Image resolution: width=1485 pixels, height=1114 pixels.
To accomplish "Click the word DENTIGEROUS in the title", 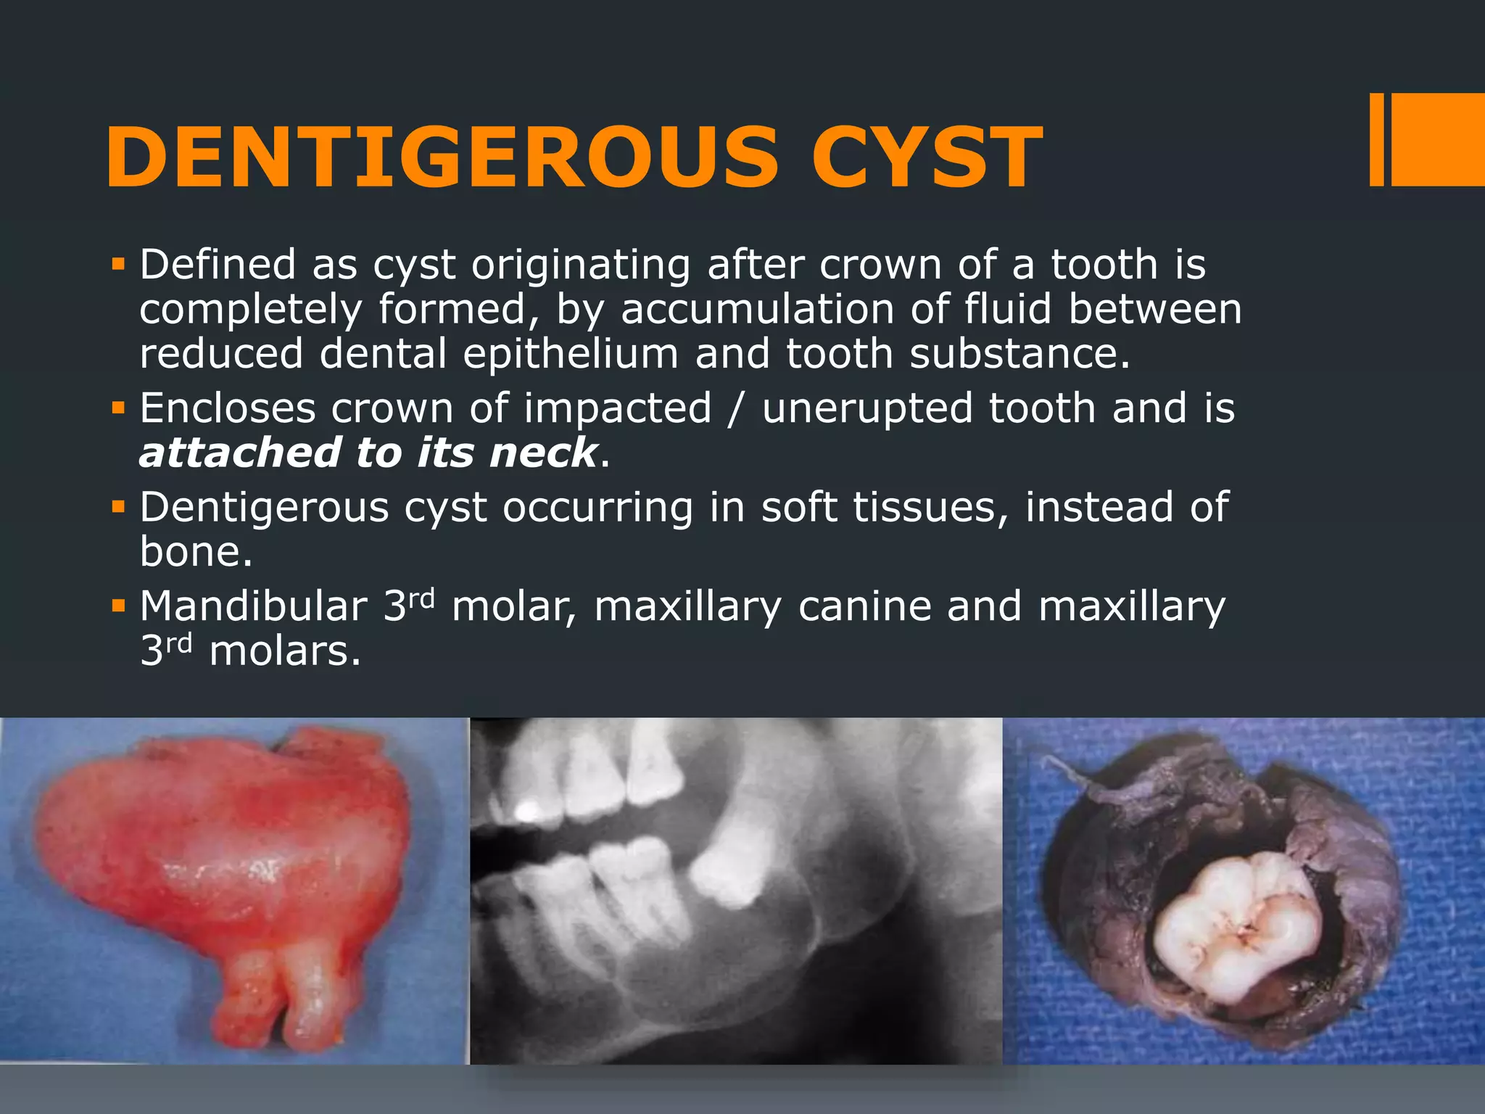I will [x=442, y=157].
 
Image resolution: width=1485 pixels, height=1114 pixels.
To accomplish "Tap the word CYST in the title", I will [x=927, y=157].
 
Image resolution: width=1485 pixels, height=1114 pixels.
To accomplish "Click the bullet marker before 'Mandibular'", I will [x=118, y=604].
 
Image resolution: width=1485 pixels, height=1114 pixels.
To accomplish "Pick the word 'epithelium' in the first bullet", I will [x=571, y=353].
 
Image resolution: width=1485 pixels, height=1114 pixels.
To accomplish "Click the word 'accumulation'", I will [x=757, y=309].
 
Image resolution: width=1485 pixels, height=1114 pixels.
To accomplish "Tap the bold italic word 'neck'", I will [x=543, y=453].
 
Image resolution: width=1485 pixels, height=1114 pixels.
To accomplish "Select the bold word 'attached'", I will [x=239, y=453].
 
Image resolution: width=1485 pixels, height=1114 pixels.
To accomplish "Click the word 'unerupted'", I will [x=866, y=408].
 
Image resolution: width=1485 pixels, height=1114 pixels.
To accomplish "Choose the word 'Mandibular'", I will [x=254, y=606].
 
